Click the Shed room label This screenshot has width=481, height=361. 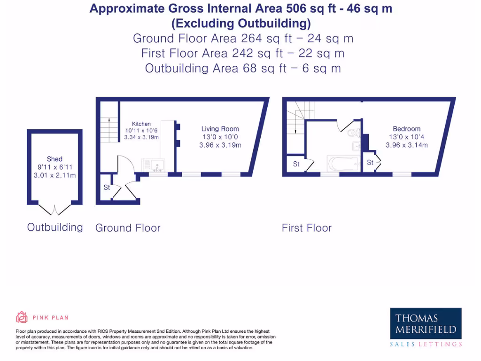pos(54,159)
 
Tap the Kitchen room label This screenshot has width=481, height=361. pos(141,124)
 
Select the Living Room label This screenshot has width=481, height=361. pos(220,129)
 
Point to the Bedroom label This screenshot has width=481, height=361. pos(406,129)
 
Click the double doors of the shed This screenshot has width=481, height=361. pos(54,210)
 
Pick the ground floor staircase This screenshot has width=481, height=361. pos(109,129)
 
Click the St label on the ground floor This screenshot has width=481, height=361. pos(107,188)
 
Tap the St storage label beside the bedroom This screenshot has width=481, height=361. pos(370,163)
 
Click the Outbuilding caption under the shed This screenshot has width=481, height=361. pos(55,228)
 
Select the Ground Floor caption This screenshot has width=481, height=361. pos(128,228)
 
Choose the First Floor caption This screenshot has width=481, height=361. pos(307,228)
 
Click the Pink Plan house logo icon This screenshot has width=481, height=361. pos(22,317)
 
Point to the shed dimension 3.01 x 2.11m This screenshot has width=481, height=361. pos(54,175)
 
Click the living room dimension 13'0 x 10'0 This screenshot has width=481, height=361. pos(220,137)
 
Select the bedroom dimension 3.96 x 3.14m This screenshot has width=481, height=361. pos(407,145)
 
